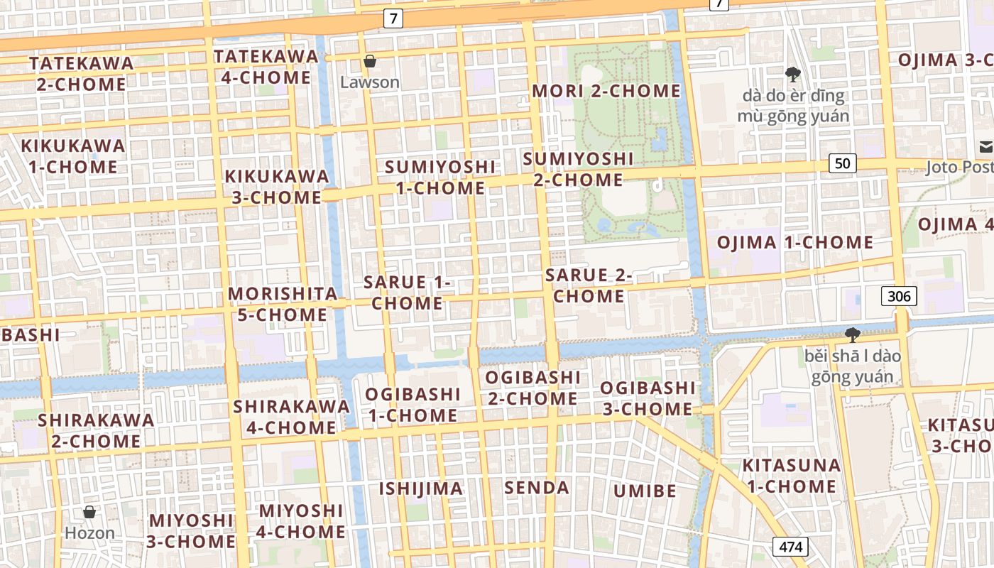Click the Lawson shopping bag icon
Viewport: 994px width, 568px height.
point(369,62)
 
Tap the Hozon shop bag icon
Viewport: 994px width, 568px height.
point(89,512)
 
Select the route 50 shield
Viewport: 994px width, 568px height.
point(842,163)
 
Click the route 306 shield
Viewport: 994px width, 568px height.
point(899,295)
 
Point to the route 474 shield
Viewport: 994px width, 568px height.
point(790,547)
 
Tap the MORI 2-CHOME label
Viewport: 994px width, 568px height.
point(606,91)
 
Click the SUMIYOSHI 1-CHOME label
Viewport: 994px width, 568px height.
point(440,177)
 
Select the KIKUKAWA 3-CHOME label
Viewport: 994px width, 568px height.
point(277,187)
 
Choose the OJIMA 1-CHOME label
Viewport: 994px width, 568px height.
point(794,242)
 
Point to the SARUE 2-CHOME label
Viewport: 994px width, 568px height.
point(589,285)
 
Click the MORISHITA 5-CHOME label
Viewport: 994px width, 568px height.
point(283,304)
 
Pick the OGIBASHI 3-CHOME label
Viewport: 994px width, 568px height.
point(648,398)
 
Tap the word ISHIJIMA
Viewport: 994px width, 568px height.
point(420,488)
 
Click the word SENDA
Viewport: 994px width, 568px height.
point(537,488)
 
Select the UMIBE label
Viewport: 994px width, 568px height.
point(645,491)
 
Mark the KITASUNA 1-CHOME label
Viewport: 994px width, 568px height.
point(791,476)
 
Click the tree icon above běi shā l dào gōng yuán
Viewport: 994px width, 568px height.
point(852,334)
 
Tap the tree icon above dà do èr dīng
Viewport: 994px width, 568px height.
point(792,74)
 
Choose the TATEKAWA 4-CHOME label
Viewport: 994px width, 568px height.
point(266,67)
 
